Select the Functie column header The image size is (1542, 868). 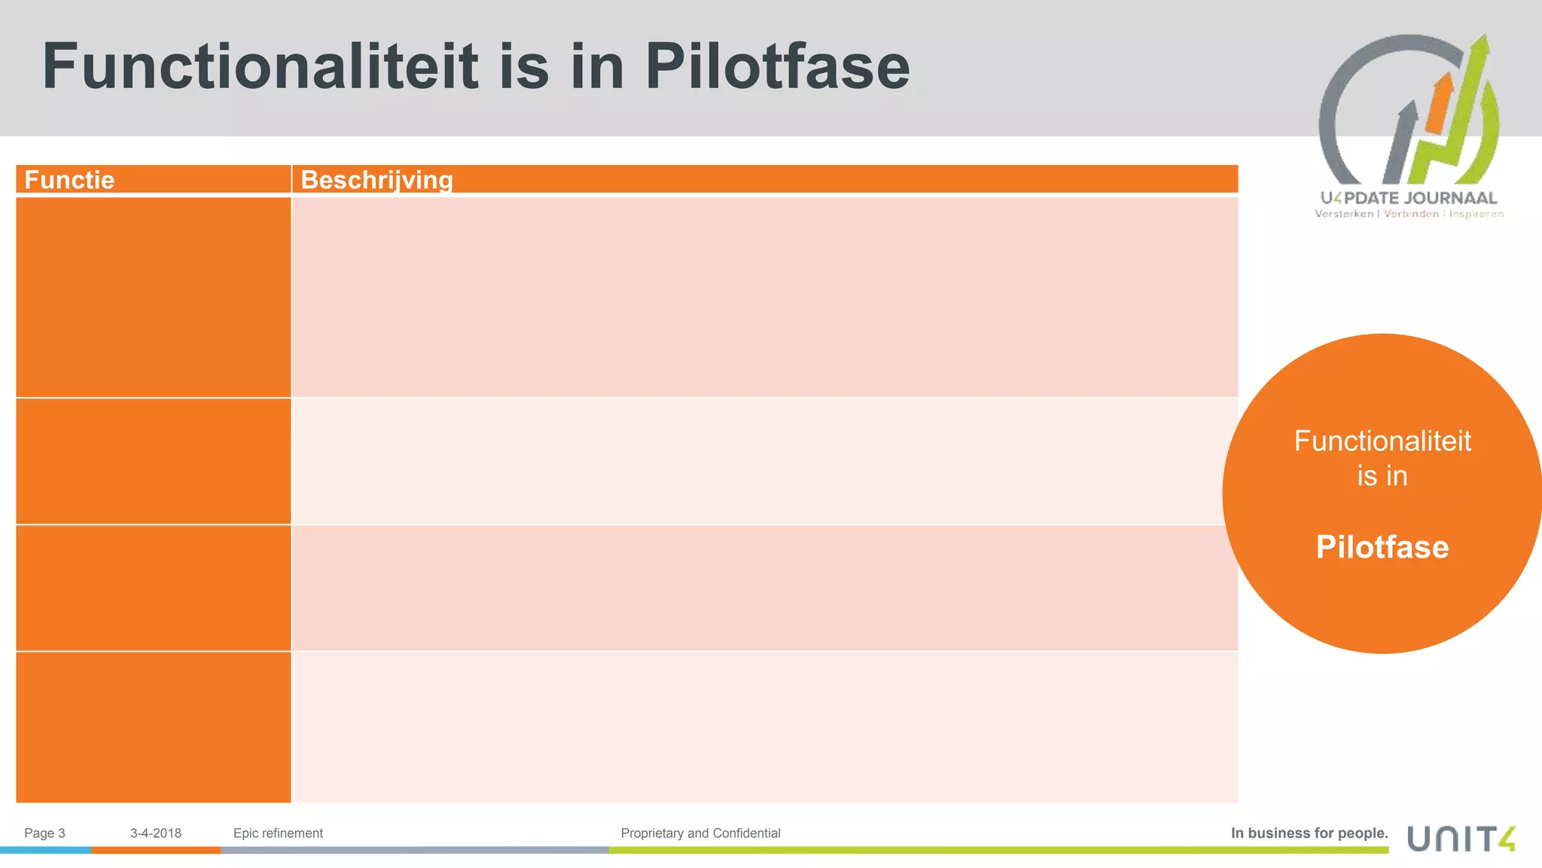click(69, 180)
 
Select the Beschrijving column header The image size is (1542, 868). click(376, 180)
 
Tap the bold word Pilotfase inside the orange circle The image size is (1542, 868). click(1382, 546)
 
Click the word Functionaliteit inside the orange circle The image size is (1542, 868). click(1382, 441)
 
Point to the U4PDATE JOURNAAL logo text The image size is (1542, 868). click(1408, 198)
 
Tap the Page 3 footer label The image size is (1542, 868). click(44, 833)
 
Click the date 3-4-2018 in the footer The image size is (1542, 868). click(156, 833)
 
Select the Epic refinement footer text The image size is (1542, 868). click(278, 833)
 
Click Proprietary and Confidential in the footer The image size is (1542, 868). click(700, 833)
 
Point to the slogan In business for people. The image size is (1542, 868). click(1309, 833)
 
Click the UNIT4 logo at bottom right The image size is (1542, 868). click(1461, 838)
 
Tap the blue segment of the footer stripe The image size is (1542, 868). click(45, 850)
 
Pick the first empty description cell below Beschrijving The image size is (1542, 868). click(764, 297)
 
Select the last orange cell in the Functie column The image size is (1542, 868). click(153, 727)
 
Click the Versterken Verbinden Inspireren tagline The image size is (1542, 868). click(1409, 214)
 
